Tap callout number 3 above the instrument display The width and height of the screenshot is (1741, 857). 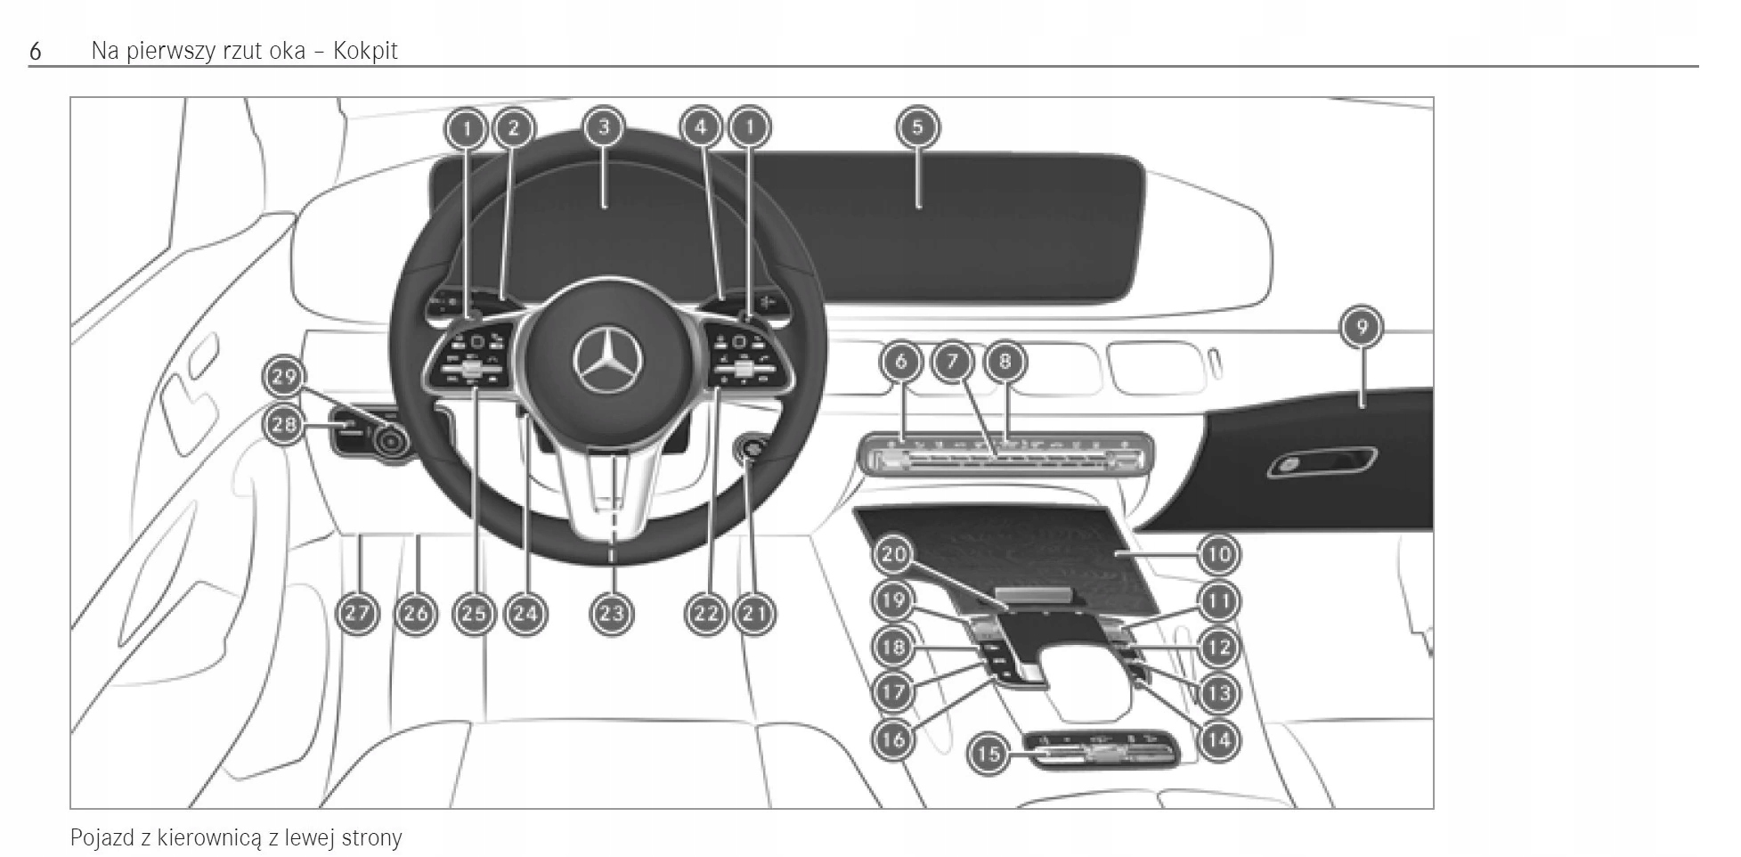pyautogui.click(x=604, y=127)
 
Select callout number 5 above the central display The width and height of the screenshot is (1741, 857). pyautogui.click(x=917, y=127)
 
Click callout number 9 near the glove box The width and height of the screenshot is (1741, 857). pyautogui.click(x=1361, y=327)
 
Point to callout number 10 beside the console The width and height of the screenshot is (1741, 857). pyautogui.click(x=1218, y=554)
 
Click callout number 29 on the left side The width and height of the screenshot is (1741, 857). pyautogui.click(x=285, y=377)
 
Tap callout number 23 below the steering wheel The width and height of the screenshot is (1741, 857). pyautogui.click(x=611, y=613)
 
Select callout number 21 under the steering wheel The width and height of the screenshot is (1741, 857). pyautogui.click(x=754, y=613)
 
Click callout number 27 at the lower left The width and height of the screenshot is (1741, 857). pyautogui.click(x=357, y=613)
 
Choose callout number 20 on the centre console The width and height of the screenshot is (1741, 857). pyautogui.click(x=893, y=554)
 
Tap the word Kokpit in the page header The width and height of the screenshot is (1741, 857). pyautogui.click(x=365, y=51)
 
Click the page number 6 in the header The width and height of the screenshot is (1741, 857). pyautogui.click(x=36, y=51)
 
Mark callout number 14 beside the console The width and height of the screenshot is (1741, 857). pyautogui.click(x=1218, y=739)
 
